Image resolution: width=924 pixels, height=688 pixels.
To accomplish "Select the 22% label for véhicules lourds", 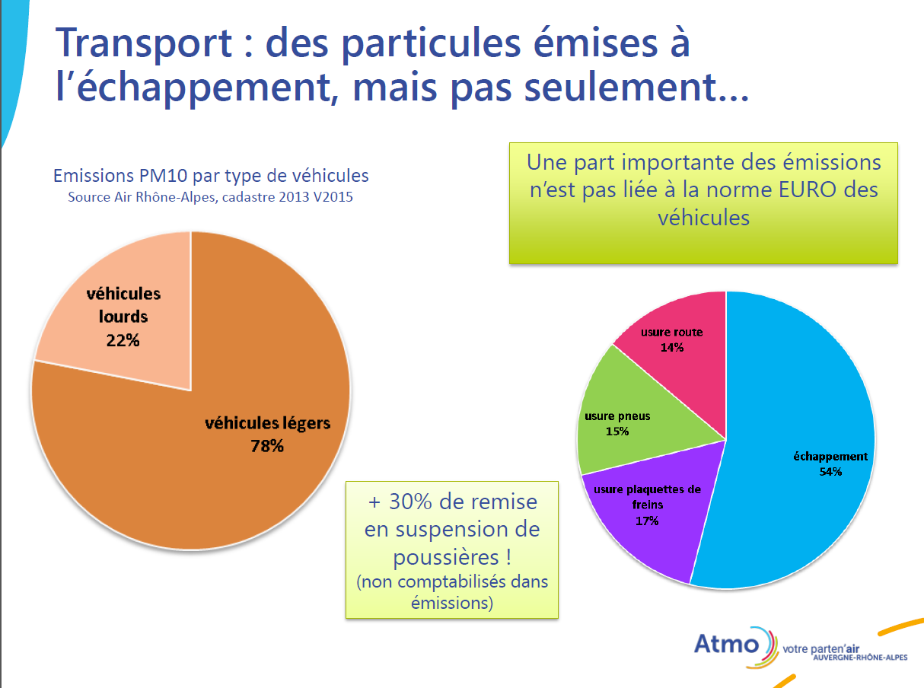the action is (123, 340).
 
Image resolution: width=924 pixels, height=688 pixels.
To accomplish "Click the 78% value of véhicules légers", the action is (267, 446).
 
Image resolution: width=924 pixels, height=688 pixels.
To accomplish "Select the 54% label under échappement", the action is (830, 472).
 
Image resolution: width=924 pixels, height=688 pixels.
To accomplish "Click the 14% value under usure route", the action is (672, 348).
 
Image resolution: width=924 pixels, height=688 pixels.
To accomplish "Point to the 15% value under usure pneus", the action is (617, 432).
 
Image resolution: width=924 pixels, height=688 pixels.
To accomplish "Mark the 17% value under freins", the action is (647, 521).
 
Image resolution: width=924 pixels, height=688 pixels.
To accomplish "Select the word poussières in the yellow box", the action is (446, 558).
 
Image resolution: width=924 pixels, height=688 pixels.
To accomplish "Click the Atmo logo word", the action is (727, 645).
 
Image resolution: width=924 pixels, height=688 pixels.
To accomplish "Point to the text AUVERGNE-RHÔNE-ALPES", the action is (860, 658).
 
